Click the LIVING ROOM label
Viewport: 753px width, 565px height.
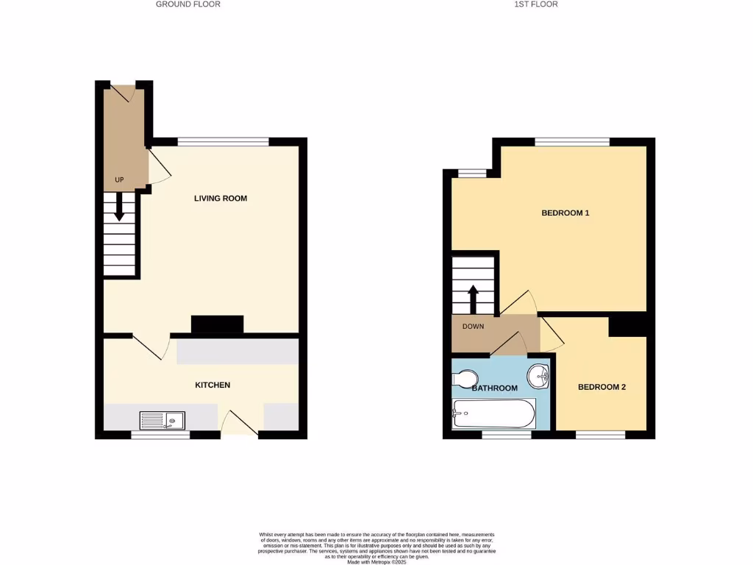click(x=220, y=198)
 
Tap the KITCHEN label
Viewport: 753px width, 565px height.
click(x=213, y=385)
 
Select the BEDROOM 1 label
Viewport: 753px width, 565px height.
click(x=565, y=213)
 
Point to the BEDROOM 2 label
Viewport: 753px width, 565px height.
click(x=602, y=387)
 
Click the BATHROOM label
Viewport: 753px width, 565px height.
click(x=494, y=388)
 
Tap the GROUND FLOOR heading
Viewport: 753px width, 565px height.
click(x=188, y=4)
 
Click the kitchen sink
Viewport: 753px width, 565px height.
click(x=163, y=420)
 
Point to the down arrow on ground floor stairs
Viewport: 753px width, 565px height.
click(x=119, y=210)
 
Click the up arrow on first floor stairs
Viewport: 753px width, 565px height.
click(x=473, y=298)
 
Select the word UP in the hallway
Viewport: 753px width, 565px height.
click(x=119, y=180)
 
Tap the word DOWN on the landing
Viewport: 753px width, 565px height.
click(x=473, y=327)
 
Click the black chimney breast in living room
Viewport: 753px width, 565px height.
click(x=217, y=324)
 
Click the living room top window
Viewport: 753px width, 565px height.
click(x=223, y=142)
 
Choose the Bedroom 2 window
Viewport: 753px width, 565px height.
click(x=600, y=435)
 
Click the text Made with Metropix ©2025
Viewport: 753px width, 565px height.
click(x=376, y=561)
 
